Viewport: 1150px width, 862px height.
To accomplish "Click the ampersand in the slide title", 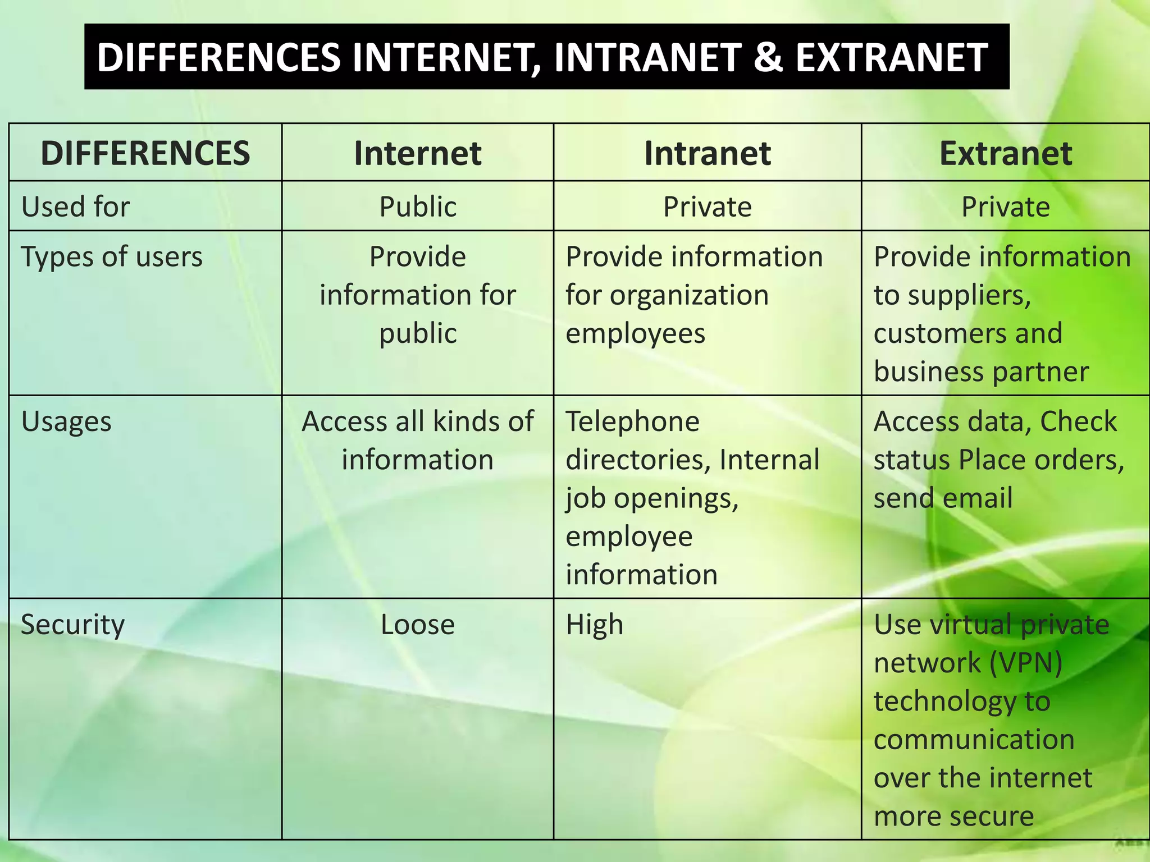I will pos(768,58).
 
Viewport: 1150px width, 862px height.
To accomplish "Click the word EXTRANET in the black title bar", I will pos(891,58).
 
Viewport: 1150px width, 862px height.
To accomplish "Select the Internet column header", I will pos(418,153).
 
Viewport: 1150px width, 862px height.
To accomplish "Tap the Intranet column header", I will pos(707,153).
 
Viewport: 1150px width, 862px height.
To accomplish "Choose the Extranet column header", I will pos(1005,153).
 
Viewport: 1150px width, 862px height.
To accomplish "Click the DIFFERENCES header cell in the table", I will pos(145,153).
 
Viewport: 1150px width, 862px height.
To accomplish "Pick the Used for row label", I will pos(76,207).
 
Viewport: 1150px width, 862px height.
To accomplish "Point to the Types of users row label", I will pos(112,257).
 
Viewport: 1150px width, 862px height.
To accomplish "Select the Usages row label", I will pos(66,422).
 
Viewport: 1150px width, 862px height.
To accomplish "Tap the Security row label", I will pos(73,625).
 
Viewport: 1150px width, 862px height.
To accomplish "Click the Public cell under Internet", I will pos(418,207).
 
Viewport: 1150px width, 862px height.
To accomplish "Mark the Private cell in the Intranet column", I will pos(707,207).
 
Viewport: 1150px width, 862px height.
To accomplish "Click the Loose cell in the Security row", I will pos(418,625).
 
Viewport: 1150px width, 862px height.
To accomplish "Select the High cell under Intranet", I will pos(595,625).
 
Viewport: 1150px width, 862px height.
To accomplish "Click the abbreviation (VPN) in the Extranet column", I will pos(1025,663).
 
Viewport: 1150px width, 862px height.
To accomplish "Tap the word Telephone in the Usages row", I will pos(633,421).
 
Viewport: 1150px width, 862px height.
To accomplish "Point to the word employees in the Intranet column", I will pos(635,334).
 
